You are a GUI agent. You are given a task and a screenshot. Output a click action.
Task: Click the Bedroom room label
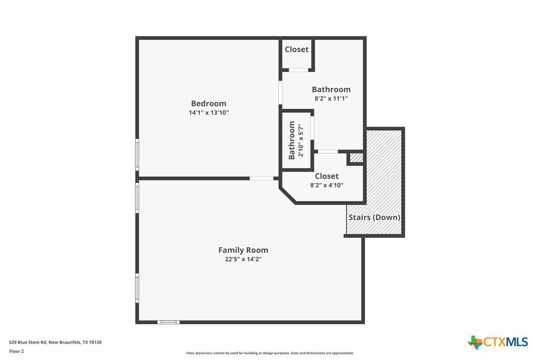[209, 103]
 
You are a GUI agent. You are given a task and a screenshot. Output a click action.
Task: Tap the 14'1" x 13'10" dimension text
[209, 113]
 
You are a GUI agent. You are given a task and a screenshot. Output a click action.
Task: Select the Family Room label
[243, 250]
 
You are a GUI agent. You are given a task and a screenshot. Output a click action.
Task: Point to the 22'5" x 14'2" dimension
[243, 259]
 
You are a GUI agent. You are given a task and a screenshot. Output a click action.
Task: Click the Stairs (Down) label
[374, 217]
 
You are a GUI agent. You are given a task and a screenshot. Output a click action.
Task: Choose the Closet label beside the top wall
[296, 49]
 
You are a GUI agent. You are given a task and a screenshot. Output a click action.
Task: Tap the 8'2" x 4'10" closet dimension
[327, 185]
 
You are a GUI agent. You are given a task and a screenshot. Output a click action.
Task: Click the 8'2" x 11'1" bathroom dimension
[331, 98]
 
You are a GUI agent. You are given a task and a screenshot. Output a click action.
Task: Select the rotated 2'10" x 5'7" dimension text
[301, 140]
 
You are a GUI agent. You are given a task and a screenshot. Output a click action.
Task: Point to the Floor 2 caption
[16, 352]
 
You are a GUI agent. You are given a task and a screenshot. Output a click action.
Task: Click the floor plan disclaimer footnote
[270, 353]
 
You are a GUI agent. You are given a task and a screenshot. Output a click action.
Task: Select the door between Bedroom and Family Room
[262, 179]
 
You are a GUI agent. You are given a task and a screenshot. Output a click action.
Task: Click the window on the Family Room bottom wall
[169, 322]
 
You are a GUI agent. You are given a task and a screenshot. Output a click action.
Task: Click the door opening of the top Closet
[298, 70]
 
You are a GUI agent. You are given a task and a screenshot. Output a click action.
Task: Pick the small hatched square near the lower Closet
[357, 158]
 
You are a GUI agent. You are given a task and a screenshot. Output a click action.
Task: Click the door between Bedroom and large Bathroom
[280, 92]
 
